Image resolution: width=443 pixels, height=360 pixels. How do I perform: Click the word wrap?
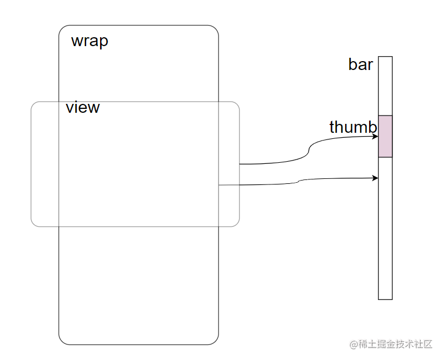(89, 41)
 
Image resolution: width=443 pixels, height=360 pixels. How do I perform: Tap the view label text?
(82, 107)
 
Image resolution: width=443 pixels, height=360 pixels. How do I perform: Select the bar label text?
(360, 64)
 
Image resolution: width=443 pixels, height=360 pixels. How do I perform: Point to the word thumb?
(352, 127)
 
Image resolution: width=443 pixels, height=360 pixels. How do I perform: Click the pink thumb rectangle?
(385, 136)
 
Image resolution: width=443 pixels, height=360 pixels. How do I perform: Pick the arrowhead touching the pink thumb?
(375, 136)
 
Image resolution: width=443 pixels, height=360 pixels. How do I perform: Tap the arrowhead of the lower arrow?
(375, 178)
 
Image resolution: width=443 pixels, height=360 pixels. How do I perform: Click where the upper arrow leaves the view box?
(240, 164)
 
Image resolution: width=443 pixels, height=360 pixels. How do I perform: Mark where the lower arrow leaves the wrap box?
(218, 185)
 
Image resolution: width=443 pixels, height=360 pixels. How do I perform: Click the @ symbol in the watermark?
(353, 344)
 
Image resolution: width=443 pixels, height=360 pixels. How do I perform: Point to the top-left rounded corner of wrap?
(62, 28)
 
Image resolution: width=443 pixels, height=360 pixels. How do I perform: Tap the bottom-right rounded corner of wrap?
(216, 342)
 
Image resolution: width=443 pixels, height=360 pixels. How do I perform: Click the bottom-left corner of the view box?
(33, 224)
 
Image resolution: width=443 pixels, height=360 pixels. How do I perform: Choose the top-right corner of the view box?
(237, 104)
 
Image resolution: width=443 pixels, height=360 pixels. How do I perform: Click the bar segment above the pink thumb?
(385, 86)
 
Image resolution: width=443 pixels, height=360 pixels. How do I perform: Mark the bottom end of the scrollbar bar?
(385, 298)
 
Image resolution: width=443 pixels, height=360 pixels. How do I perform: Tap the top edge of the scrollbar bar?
(385, 57)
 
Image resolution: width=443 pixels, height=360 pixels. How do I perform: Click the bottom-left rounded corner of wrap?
(62, 342)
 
